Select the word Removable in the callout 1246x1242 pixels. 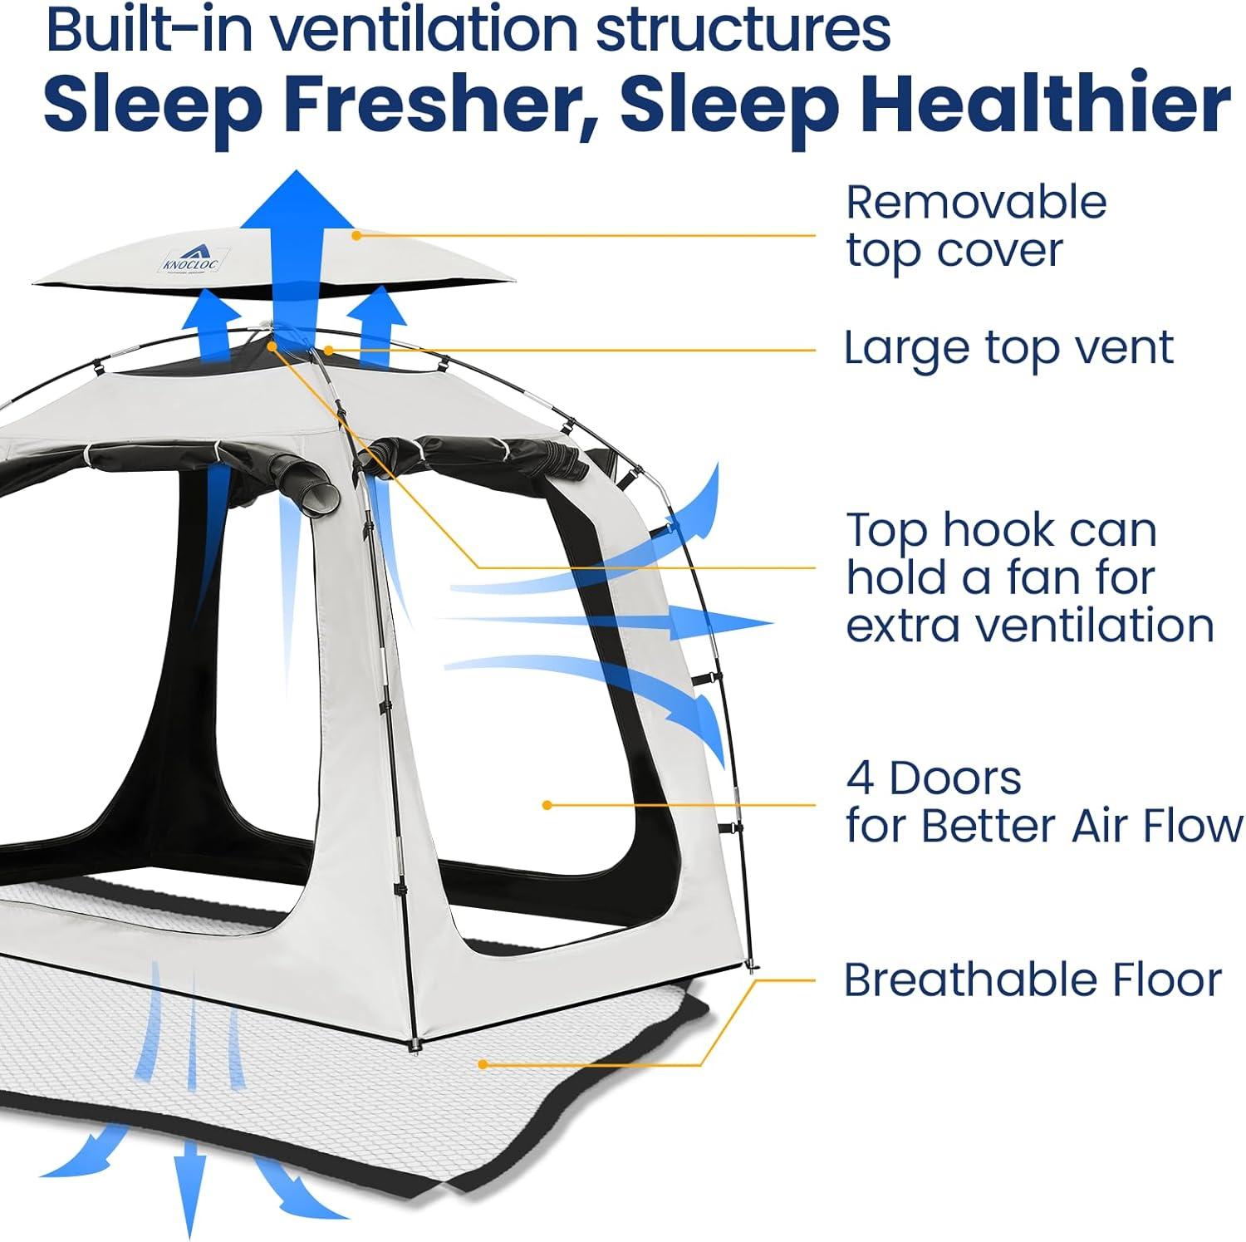pos(976,203)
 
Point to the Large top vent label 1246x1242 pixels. pos(1008,348)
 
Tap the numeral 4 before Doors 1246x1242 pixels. pos(859,779)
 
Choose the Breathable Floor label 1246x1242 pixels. pos(1032,980)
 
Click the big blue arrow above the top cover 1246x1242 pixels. pos(297,233)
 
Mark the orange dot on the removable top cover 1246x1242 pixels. pos(356,235)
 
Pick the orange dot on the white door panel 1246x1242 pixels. pos(547,805)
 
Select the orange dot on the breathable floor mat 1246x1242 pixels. pos(482,1063)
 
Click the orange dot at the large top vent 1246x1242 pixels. pos(329,351)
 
